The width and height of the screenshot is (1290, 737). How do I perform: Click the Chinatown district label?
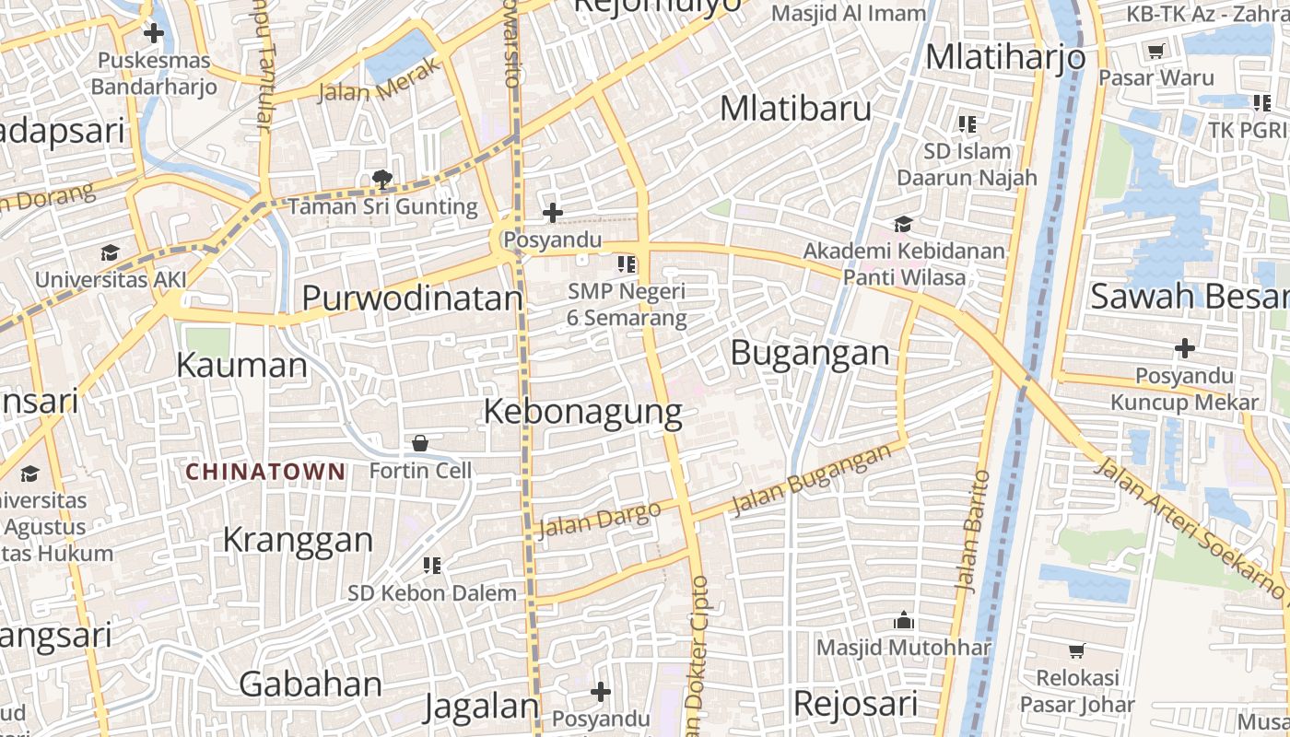pyautogui.click(x=265, y=473)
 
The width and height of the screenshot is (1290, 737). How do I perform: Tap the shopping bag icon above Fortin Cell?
pyautogui.click(x=420, y=443)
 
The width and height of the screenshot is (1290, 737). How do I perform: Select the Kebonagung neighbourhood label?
pyautogui.click(x=582, y=412)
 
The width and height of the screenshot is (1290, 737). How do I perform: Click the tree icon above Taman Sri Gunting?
pyautogui.click(x=381, y=179)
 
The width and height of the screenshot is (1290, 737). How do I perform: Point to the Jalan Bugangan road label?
pyautogui.click(x=812, y=479)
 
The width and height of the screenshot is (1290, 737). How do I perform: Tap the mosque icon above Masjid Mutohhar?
pyautogui.click(x=903, y=621)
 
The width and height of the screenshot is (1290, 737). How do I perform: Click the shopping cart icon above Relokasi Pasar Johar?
pyautogui.click(x=1076, y=650)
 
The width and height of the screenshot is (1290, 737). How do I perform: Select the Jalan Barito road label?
pyautogui.click(x=973, y=531)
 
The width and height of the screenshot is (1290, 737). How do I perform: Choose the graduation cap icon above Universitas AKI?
pyautogui.click(x=111, y=252)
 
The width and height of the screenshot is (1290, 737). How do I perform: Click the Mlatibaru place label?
pyautogui.click(x=795, y=109)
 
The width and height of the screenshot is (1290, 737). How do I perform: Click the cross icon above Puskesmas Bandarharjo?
pyautogui.click(x=153, y=34)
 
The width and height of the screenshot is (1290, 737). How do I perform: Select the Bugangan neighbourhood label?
pyautogui.click(x=810, y=353)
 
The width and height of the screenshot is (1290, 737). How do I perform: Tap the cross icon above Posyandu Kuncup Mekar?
pyautogui.click(x=1184, y=348)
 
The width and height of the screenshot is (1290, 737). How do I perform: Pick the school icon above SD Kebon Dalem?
pyautogui.click(x=431, y=566)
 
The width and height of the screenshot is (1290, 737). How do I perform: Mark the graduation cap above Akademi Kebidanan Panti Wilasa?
pyautogui.click(x=903, y=224)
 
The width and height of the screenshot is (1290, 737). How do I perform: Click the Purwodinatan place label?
pyautogui.click(x=412, y=298)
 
